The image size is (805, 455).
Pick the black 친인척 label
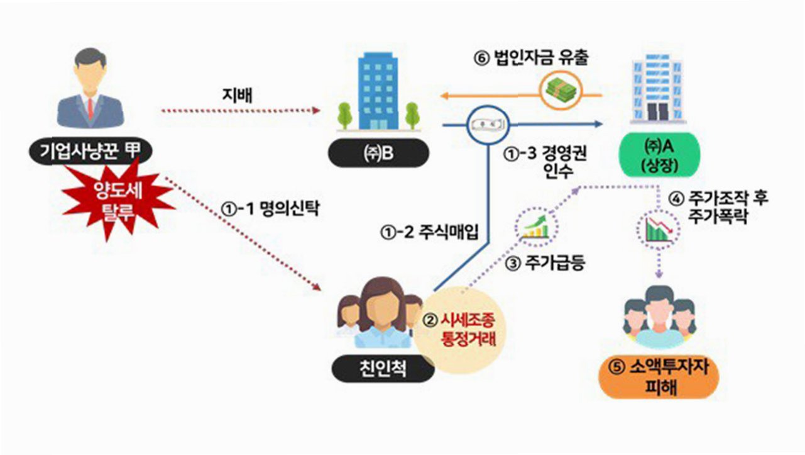(383, 368)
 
